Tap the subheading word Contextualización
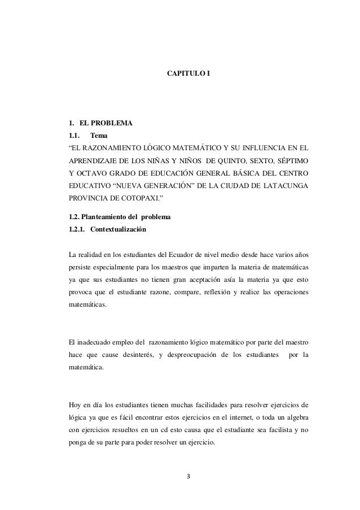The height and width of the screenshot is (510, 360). coord(116,246)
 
